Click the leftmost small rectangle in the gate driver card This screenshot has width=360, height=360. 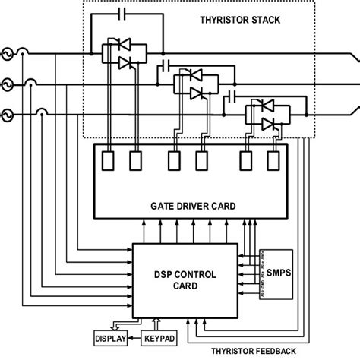[109, 161]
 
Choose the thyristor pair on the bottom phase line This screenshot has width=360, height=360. [266, 115]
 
